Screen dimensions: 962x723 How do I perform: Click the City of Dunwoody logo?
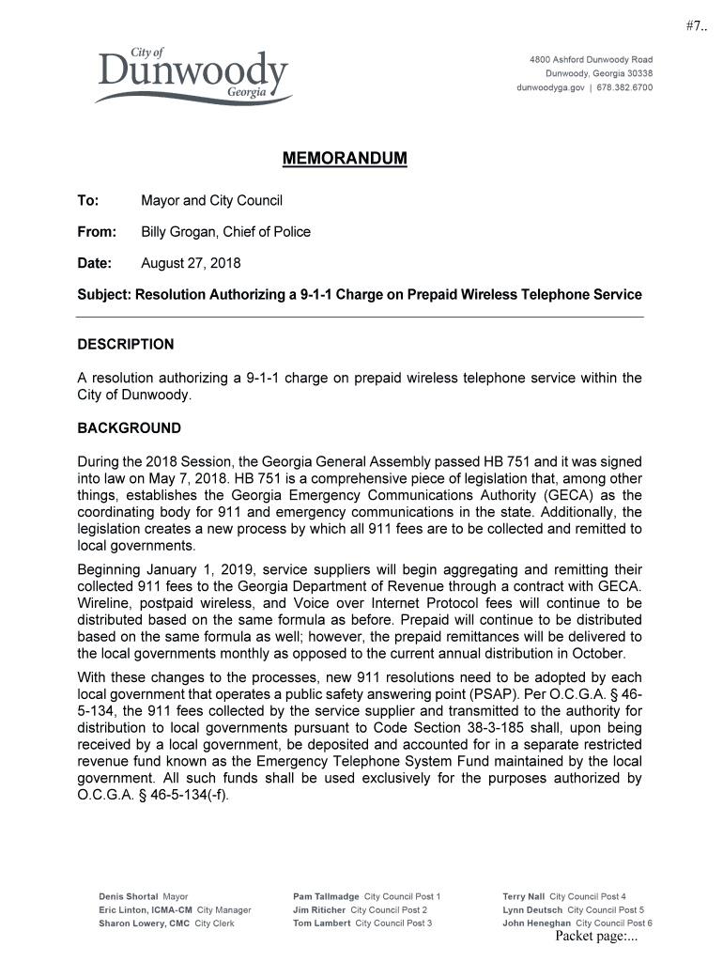tap(192, 75)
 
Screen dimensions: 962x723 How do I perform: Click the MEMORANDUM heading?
tap(345, 159)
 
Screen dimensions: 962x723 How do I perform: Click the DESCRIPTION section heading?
tap(125, 345)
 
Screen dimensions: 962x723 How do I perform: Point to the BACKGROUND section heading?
tap(129, 428)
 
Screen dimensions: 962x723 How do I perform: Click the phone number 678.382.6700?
tap(624, 87)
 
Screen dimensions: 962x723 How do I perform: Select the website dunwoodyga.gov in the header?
tap(551, 87)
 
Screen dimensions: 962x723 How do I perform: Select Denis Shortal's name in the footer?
tap(129, 897)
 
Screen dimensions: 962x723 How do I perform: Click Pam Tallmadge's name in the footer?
tap(326, 897)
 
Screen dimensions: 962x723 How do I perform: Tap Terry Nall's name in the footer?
tap(523, 897)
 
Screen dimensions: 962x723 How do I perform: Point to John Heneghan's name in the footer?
tap(536, 923)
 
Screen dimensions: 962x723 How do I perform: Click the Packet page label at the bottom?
tap(596, 937)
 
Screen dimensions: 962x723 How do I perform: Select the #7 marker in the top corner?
tap(695, 25)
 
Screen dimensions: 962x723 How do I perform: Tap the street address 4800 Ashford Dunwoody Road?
tap(592, 60)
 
